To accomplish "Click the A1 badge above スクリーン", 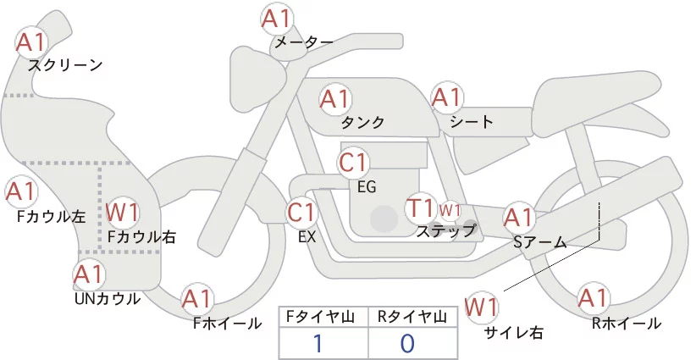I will point(31,41).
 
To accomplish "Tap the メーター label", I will point(302,42).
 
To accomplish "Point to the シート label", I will point(472,122).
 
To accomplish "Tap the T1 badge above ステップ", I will point(420,208).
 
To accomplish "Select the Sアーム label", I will point(539,242).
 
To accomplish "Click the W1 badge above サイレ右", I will point(483,305).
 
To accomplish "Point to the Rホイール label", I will point(627,323).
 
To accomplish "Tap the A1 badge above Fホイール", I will point(197,298).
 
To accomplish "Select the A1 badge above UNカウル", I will point(88,274).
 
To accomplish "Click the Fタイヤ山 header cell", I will point(323,317).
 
